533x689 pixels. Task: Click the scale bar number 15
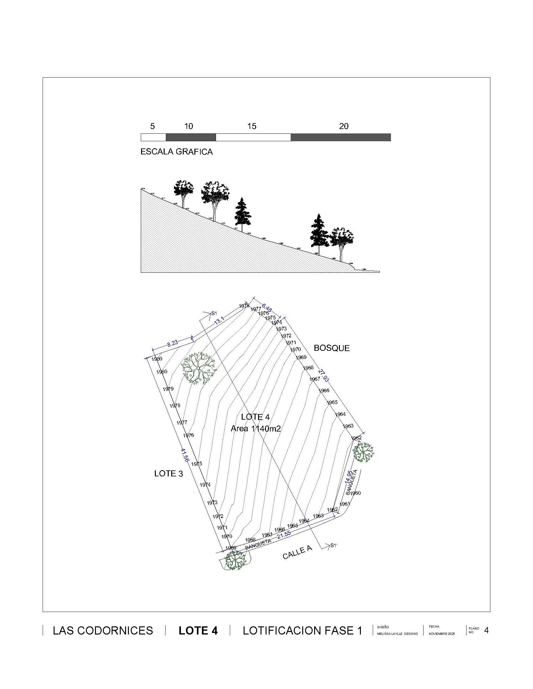point(252,126)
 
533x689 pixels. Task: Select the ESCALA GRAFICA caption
point(177,152)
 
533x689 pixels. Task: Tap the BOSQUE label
point(331,348)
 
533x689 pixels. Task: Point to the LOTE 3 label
point(169,474)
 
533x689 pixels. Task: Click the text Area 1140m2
point(256,428)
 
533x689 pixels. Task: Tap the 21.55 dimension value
point(283,534)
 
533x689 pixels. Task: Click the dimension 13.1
point(219,321)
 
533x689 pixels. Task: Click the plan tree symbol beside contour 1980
point(198,368)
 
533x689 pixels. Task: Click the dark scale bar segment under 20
point(341,137)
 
